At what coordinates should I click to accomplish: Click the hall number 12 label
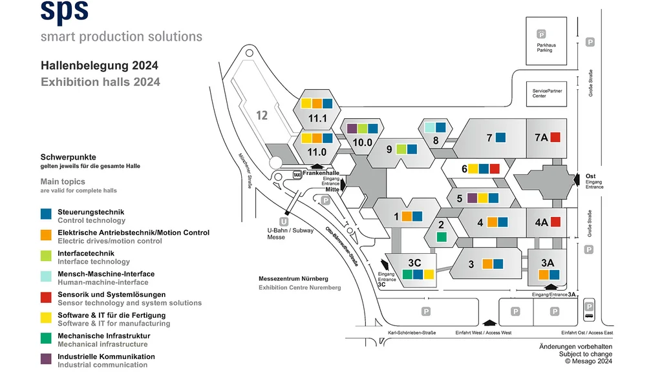point(261,116)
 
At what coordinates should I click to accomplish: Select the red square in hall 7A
point(555,137)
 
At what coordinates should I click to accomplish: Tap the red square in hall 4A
point(555,222)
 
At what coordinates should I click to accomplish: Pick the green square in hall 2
point(441,237)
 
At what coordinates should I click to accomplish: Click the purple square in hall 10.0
point(352,129)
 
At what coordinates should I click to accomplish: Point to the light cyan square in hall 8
point(429,127)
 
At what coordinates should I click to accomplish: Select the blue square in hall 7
point(501,137)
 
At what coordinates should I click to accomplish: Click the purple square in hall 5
point(472,198)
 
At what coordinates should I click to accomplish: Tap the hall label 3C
point(414,262)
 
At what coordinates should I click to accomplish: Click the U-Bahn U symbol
point(283,220)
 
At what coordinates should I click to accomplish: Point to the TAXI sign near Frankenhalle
point(297,174)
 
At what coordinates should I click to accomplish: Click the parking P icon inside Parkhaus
point(542,34)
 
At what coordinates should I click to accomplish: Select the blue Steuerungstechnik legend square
point(45,213)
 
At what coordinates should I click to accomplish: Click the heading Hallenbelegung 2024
point(99,66)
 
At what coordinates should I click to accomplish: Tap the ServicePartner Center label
point(547,94)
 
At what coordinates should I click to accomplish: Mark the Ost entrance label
point(590,176)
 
